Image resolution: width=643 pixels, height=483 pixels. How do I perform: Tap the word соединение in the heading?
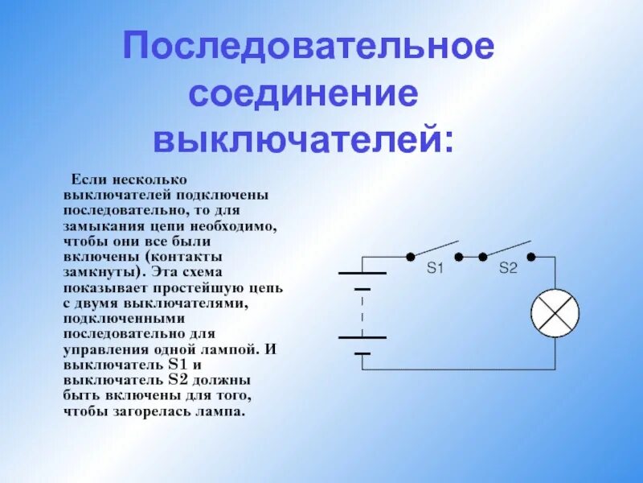tap(305, 93)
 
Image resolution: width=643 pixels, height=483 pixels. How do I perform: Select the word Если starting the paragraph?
tap(88, 179)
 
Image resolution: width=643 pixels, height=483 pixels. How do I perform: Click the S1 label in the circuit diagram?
tap(435, 269)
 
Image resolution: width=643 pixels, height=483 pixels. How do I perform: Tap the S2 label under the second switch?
tap(508, 269)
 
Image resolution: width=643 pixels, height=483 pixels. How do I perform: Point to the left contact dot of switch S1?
tap(410, 256)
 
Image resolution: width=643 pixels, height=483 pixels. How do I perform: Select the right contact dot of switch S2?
tap(532, 256)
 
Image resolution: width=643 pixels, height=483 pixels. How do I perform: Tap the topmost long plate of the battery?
tap(362, 273)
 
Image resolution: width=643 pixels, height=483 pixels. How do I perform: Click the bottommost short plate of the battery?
tap(362, 353)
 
